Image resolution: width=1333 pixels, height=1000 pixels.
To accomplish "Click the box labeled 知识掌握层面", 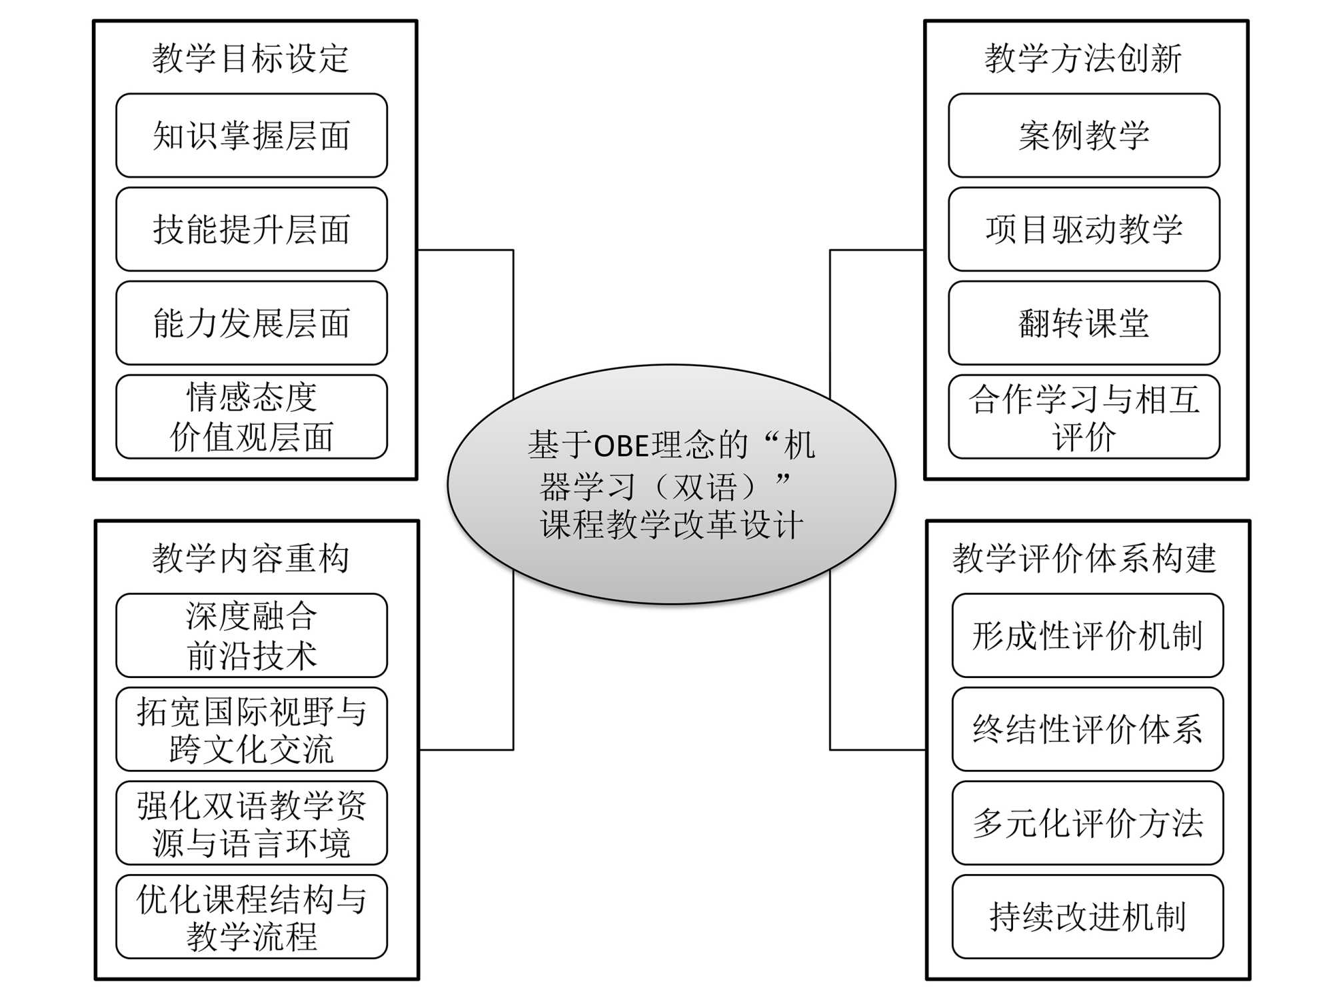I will pos(251,135).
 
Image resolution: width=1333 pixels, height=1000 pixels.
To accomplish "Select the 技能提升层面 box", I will pos(251,229).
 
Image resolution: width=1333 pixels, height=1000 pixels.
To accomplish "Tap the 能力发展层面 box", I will pos(251,323).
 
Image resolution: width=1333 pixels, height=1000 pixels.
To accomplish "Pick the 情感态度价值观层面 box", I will pos(251,417).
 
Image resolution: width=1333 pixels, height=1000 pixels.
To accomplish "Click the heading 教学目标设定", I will pos(251,58).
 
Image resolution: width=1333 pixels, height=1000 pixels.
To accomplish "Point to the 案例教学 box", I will pos(1084,135).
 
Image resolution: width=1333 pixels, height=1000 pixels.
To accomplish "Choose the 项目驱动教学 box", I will pos(1084,229).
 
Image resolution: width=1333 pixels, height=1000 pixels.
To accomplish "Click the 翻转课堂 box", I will pos(1084,323).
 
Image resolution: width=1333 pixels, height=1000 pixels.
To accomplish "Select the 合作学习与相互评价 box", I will pos(1084,417).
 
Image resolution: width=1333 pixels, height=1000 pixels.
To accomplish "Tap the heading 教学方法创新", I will pos(1083,58).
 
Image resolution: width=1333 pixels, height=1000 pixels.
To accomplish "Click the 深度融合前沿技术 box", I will pos(251,635).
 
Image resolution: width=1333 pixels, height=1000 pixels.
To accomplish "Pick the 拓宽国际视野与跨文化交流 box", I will pos(251,729).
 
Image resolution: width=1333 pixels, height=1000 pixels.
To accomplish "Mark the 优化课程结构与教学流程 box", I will pos(251,917).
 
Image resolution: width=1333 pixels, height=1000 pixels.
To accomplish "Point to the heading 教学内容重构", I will pos(251,558).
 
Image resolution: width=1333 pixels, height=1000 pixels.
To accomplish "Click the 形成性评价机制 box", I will pos(1087,635).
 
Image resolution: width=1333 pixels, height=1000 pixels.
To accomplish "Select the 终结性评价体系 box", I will pos(1087,729).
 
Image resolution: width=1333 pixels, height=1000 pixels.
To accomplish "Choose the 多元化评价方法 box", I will pos(1087,823).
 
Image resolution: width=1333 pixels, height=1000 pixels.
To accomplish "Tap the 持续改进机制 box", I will pos(1087,917).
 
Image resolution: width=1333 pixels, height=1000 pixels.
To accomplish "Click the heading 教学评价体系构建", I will pos(1084,558).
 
